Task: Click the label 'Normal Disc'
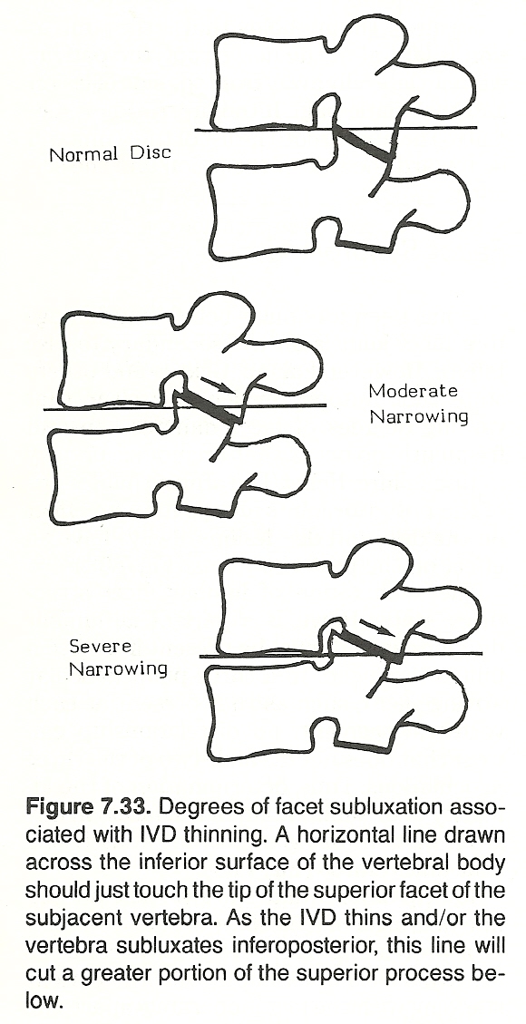[x=111, y=154]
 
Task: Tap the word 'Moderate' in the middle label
[x=414, y=391]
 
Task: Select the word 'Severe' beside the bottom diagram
[x=101, y=647]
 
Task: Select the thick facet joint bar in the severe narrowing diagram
[x=369, y=648]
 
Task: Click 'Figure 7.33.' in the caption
[x=89, y=807]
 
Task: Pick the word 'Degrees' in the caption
[x=197, y=807]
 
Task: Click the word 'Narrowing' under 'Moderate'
[x=419, y=416]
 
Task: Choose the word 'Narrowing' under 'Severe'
[x=118, y=669]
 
